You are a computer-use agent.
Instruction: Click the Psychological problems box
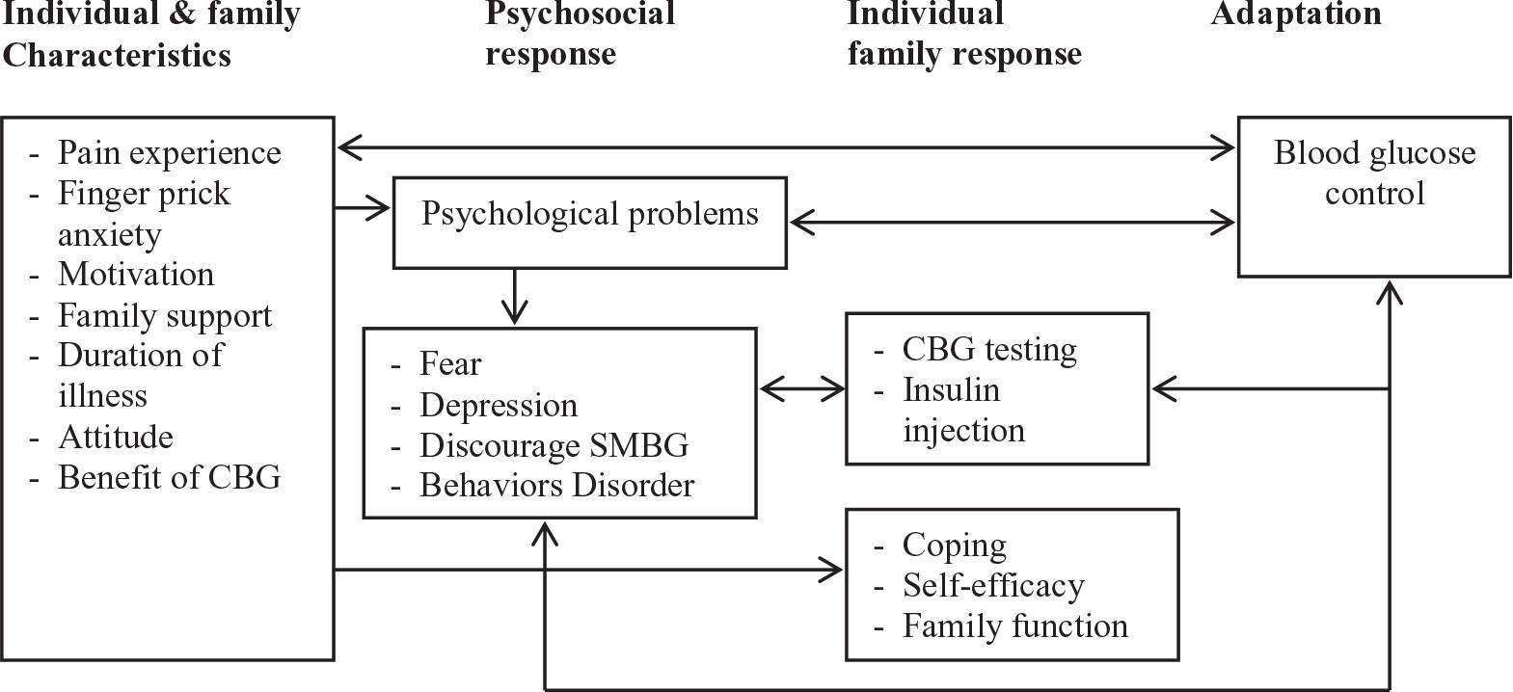tap(589, 222)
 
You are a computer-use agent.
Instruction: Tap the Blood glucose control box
tap(1373, 197)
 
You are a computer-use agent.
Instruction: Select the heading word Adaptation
tap(1295, 14)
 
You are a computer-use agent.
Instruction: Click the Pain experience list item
tap(169, 152)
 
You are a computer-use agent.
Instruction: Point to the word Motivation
tap(136, 275)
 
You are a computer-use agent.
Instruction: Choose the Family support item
tap(164, 315)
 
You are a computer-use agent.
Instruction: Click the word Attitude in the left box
tap(116, 437)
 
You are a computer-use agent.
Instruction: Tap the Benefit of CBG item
tap(169, 477)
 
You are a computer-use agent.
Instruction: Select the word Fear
tap(450, 364)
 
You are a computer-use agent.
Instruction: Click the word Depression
tap(499, 405)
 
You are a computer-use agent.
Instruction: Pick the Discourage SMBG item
tap(554, 445)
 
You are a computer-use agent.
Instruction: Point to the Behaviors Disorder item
tap(556, 485)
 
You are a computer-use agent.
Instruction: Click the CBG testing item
tap(989, 349)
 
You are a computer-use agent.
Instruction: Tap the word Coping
tap(954, 546)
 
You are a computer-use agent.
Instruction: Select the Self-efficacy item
tap(992, 585)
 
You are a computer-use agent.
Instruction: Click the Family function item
tap(1014, 626)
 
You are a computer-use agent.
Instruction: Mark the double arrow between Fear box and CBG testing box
tap(801, 389)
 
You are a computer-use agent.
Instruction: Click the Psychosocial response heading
tap(579, 34)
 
